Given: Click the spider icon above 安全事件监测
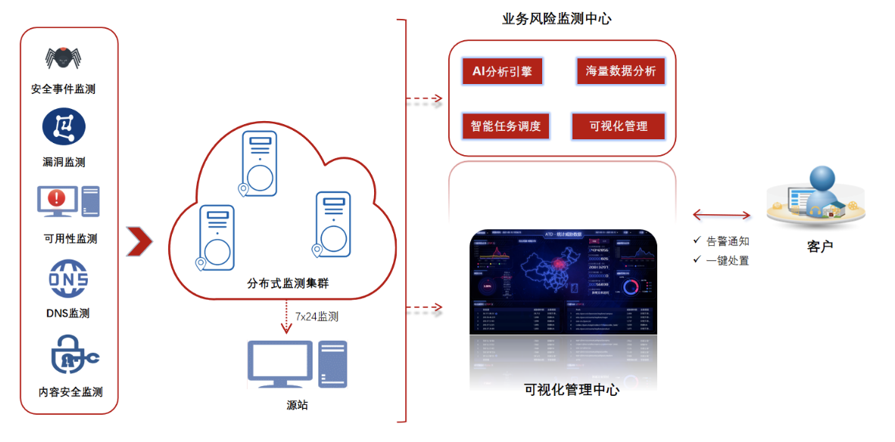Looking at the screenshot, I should (63, 58).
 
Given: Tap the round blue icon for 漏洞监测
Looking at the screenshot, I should (64, 126).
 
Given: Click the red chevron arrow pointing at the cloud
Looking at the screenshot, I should (139, 241).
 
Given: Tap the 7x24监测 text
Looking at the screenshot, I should (317, 316).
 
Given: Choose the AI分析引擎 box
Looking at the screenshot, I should (502, 72).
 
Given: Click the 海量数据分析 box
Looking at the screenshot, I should (620, 71).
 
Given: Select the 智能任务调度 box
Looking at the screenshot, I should (506, 126).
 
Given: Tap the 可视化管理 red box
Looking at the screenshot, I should (618, 126).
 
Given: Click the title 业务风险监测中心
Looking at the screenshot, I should (557, 19).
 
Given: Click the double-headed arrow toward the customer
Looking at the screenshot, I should (721, 215).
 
